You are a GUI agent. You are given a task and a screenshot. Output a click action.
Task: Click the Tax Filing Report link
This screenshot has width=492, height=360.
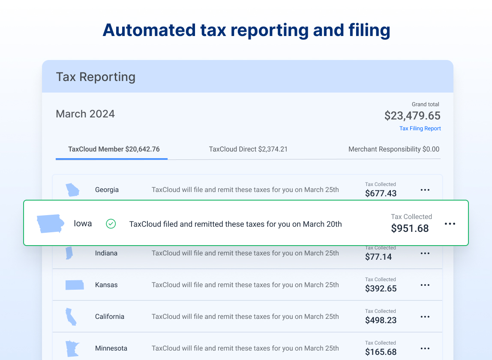coord(420,129)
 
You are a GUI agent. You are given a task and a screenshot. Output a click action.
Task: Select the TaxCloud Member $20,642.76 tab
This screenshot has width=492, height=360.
coord(114,149)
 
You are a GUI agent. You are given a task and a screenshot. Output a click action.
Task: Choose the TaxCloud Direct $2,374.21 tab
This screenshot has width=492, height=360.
coord(248,149)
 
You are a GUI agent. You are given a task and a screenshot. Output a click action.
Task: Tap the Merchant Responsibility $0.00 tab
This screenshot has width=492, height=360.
coord(394,149)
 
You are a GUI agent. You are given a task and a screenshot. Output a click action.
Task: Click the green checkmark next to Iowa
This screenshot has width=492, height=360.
coord(111,224)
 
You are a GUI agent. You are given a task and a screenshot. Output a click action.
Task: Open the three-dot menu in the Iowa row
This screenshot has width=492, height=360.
coord(450,224)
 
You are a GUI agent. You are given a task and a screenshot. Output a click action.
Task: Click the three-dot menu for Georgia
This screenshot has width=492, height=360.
coord(425,190)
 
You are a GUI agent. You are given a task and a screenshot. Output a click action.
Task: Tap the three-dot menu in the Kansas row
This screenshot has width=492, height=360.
coord(425,285)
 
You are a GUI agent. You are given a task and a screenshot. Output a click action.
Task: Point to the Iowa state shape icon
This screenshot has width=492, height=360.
coord(51,223)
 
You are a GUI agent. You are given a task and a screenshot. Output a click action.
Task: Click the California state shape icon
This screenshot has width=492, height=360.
coord(71,317)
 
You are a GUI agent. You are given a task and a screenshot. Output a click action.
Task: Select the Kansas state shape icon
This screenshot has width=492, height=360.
coord(75,285)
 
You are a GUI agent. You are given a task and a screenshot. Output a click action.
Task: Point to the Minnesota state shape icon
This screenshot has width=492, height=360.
coord(72,349)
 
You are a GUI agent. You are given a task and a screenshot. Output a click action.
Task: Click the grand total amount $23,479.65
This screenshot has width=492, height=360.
coord(412,116)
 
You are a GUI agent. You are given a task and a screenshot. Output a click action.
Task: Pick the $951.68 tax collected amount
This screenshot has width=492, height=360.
coord(410,228)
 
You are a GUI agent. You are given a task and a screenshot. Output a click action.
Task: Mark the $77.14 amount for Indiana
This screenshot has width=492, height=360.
coord(378,257)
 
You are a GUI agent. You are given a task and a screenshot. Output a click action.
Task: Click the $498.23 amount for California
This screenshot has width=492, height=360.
coord(381,321)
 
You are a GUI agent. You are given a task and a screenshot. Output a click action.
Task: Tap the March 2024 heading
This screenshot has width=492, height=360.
coord(85,114)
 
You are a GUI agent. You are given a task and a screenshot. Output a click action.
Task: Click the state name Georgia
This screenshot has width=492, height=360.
coord(107,190)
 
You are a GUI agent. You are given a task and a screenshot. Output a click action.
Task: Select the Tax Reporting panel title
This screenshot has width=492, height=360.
coord(96,77)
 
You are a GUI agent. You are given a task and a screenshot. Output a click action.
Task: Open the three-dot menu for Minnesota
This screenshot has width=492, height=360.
coord(425,348)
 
